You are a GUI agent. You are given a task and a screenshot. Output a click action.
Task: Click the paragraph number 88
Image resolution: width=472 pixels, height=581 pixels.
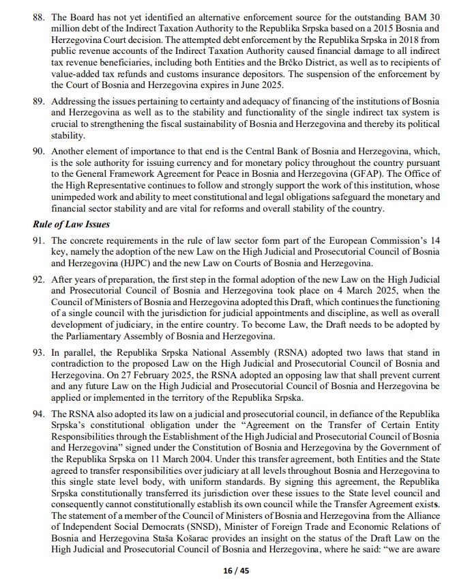click(x=39, y=15)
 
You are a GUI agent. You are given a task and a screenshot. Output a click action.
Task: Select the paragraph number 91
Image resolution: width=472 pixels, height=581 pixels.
click(x=39, y=240)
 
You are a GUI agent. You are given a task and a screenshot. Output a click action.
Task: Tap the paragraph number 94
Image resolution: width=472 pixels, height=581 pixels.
click(x=39, y=414)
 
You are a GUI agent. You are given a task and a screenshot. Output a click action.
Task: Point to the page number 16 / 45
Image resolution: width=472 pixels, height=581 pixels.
click(x=235, y=571)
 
